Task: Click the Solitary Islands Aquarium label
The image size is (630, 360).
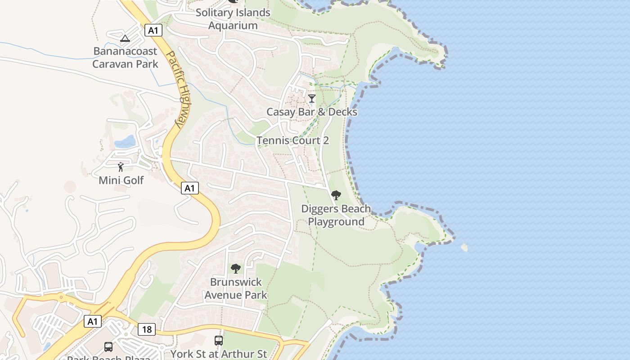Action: click(x=233, y=19)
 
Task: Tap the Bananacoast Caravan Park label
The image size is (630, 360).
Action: click(x=125, y=58)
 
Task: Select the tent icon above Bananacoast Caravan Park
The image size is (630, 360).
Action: click(x=125, y=38)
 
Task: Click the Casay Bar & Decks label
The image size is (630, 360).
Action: click(x=312, y=112)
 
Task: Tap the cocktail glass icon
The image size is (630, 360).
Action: click(x=312, y=98)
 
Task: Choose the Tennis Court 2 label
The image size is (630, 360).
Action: click(x=292, y=140)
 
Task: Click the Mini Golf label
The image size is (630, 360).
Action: click(x=121, y=180)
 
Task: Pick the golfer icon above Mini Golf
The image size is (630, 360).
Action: click(x=121, y=167)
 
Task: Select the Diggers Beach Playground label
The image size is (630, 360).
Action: click(x=336, y=215)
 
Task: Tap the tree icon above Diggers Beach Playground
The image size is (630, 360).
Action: click(x=336, y=195)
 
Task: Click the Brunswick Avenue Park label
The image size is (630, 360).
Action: click(x=236, y=288)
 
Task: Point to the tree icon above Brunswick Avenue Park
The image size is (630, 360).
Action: click(x=235, y=269)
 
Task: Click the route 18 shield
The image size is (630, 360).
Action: click(x=147, y=329)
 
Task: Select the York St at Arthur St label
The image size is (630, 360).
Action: click(x=219, y=354)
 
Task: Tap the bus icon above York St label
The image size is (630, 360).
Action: click(x=219, y=341)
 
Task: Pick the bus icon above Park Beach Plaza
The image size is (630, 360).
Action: click(x=108, y=346)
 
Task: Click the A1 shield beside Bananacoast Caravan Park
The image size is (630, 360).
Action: click(x=153, y=30)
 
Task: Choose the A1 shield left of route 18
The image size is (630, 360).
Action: click(x=92, y=321)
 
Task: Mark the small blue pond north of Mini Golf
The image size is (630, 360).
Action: click(x=126, y=142)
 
